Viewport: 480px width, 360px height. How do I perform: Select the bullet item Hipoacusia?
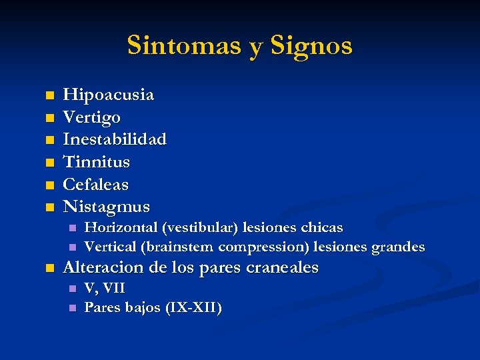click(108, 95)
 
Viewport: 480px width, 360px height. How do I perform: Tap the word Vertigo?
click(91, 118)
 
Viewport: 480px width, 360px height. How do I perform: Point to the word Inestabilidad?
click(114, 139)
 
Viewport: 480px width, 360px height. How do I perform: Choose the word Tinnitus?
click(96, 161)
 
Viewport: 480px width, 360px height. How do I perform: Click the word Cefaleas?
click(95, 184)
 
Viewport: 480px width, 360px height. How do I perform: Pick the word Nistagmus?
click(106, 207)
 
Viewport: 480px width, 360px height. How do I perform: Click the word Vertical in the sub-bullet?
click(110, 247)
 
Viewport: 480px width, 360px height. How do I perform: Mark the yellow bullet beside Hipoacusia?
click(49, 96)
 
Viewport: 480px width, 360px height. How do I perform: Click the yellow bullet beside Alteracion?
click(49, 269)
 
